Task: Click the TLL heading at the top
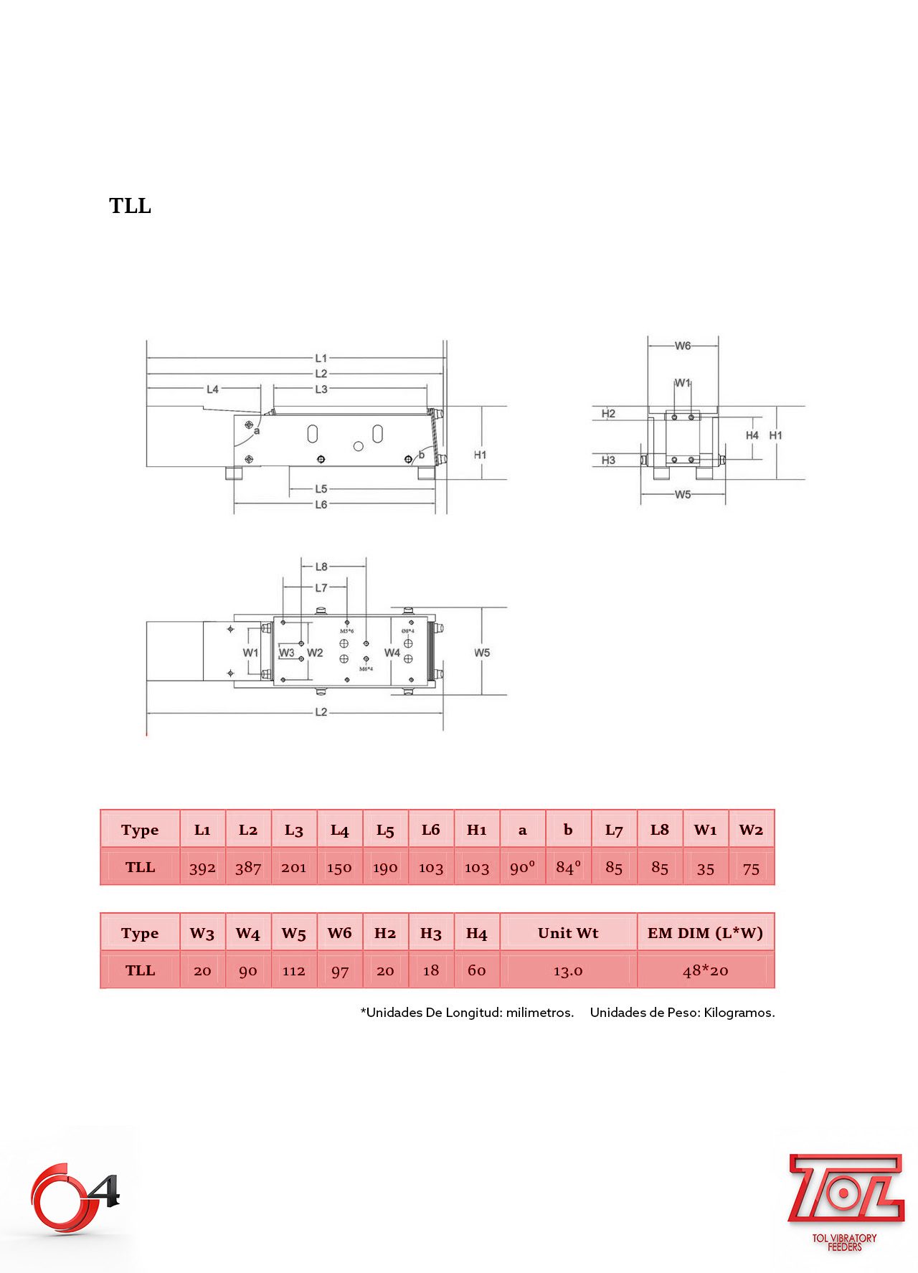coord(130,206)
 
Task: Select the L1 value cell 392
coord(202,868)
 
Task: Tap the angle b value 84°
coord(568,867)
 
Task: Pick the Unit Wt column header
coord(567,933)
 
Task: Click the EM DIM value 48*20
coord(705,970)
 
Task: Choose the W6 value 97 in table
coord(339,971)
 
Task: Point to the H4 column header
coord(476,933)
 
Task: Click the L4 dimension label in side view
coord(212,389)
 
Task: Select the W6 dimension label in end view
coord(683,346)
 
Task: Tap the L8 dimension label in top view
coord(321,567)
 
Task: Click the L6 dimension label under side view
coord(321,505)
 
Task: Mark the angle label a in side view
coord(257,431)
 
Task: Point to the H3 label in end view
coord(608,460)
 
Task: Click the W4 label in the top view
coord(392,653)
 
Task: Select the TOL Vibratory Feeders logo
coord(845,1201)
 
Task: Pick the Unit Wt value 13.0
coord(567,971)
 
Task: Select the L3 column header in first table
coord(293,830)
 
